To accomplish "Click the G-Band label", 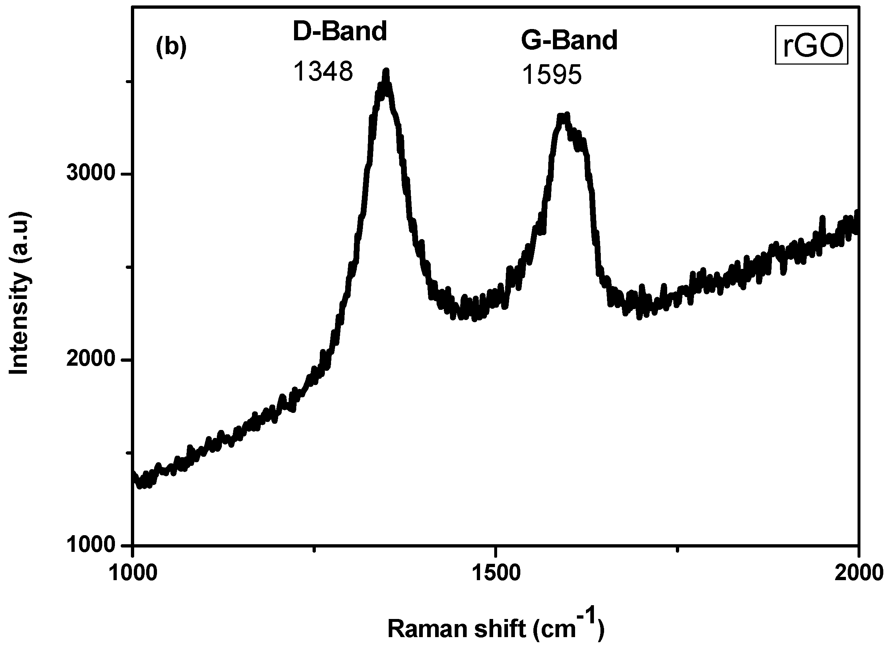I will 569,40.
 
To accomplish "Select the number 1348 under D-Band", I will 323,72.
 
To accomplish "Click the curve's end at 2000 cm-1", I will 858,220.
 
